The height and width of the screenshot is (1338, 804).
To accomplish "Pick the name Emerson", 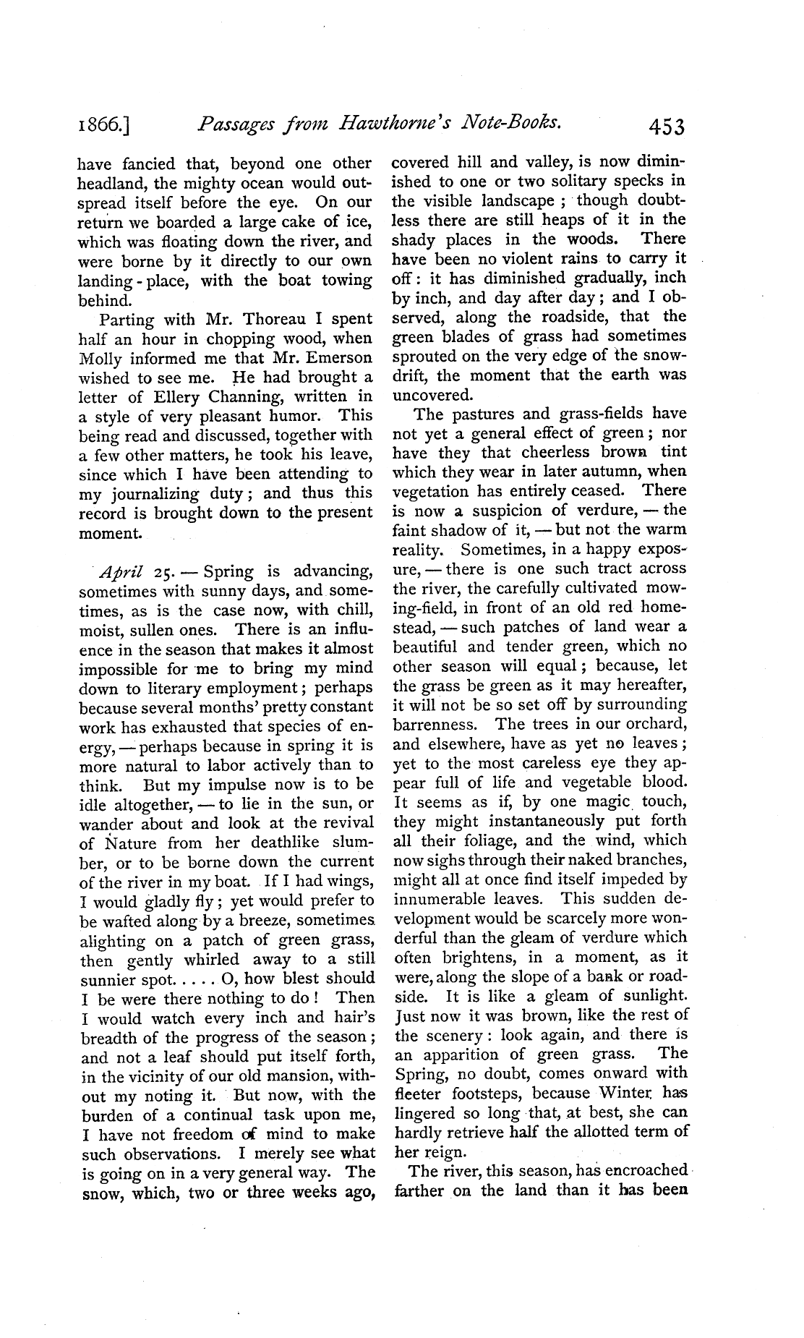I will [338, 357].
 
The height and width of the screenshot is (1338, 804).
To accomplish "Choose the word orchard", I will [653, 724].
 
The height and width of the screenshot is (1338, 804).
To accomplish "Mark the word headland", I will [111, 184].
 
